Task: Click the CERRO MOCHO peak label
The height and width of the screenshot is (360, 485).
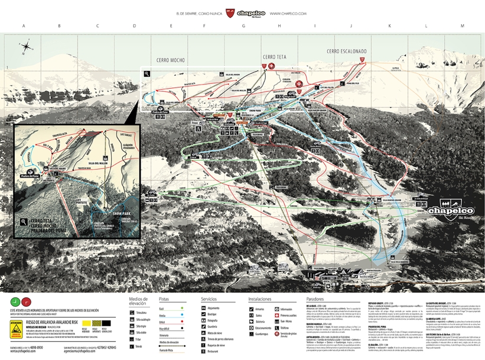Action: click(x=171, y=60)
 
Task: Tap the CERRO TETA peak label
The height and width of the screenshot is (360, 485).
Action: click(x=274, y=57)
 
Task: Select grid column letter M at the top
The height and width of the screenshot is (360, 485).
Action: click(x=462, y=26)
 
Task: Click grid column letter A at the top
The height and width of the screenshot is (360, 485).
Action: click(x=24, y=26)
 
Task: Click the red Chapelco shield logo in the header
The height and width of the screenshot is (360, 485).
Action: click(x=232, y=12)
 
